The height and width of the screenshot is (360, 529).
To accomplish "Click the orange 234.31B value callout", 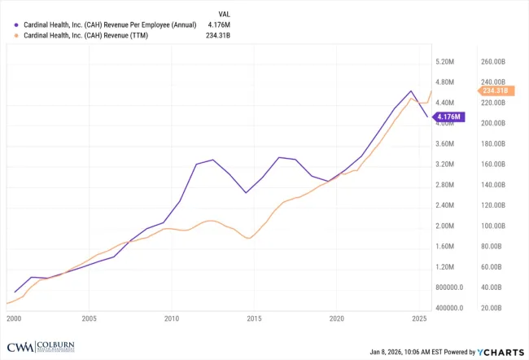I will click(x=494, y=91).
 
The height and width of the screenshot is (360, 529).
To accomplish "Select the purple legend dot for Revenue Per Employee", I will click(x=17, y=24).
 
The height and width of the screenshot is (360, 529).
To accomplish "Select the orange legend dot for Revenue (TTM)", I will click(x=17, y=35).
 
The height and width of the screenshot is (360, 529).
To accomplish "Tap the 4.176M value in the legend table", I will click(x=217, y=24).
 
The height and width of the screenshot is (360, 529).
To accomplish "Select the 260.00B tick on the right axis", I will click(x=495, y=62).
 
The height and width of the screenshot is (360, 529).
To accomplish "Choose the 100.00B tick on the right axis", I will click(x=495, y=226).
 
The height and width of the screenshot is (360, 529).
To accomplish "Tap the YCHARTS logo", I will click(x=497, y=352).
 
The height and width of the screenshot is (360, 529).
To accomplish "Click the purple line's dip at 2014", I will click(x=246, y=193).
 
